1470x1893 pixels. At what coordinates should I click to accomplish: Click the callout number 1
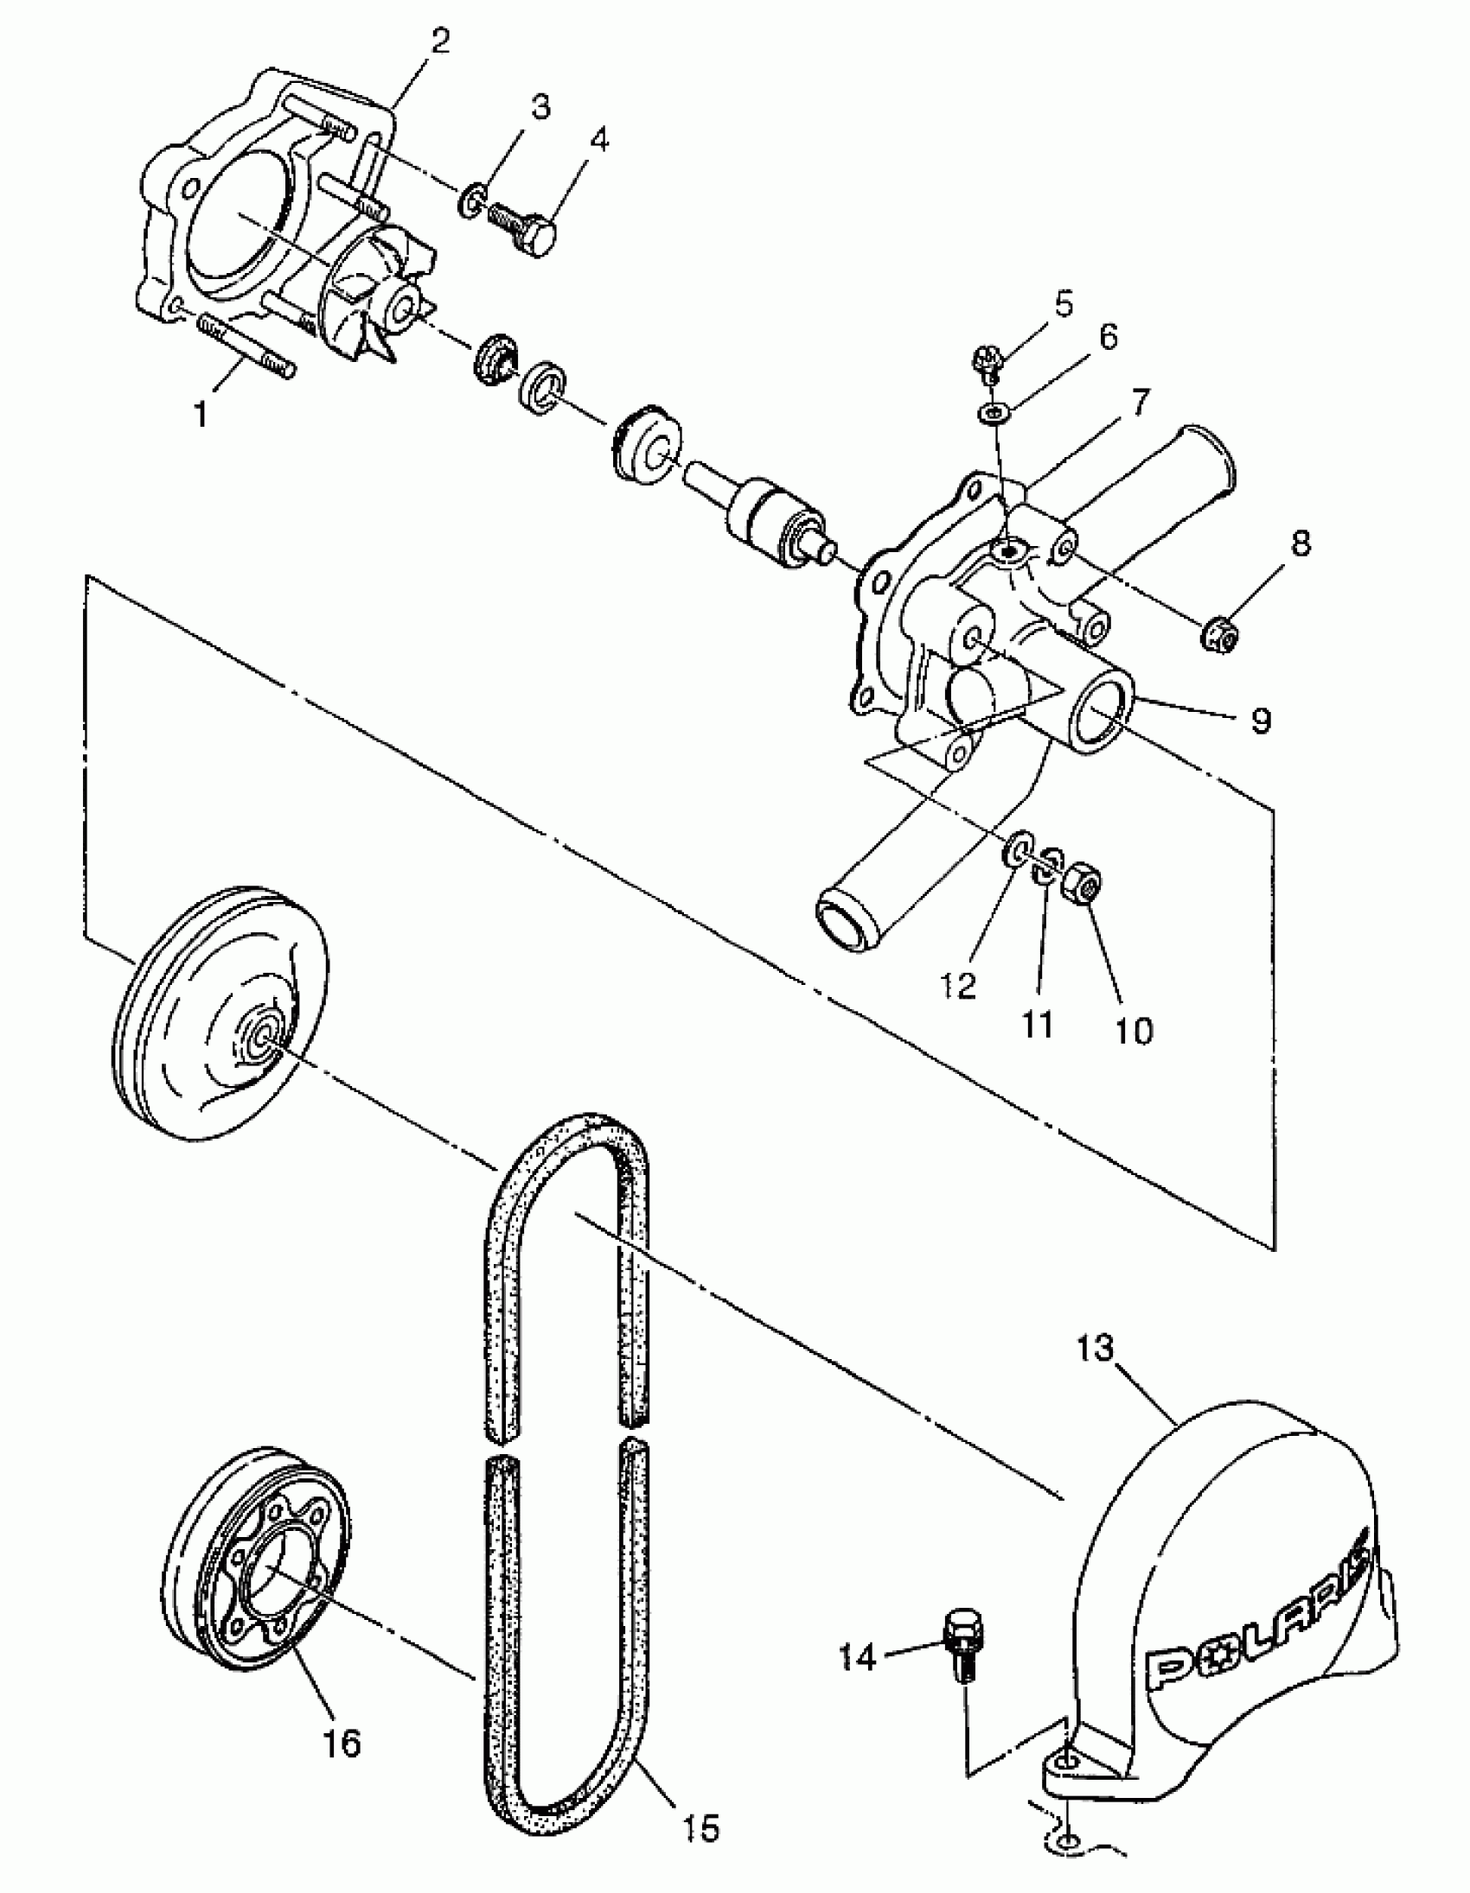tap(201, 415)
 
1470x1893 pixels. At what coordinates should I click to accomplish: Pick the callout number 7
tap(1138, 402)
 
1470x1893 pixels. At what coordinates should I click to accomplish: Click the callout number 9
tap(1260, 719)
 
